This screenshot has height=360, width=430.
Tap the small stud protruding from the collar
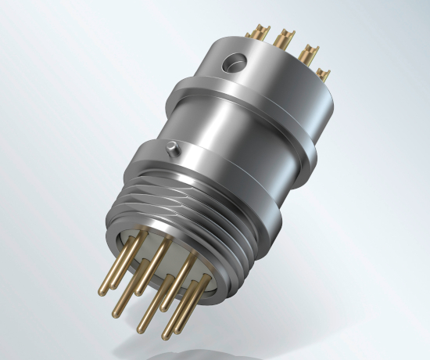coord(170,146)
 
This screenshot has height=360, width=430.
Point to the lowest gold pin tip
coord(167,336)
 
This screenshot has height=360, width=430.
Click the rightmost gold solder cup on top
coord(323,75)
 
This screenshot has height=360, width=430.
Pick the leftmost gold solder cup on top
coord(255,34)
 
